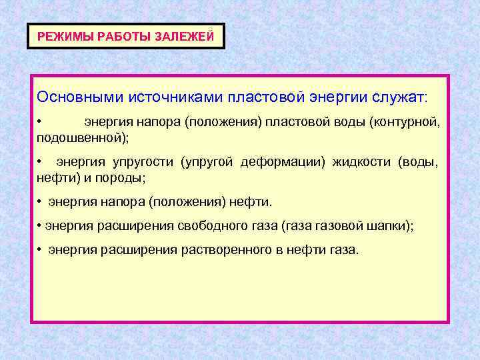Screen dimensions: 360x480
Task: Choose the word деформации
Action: (276, 162)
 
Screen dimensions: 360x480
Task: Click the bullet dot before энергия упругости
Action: (40, 162)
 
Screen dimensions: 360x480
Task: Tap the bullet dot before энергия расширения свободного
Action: (39, 226)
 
